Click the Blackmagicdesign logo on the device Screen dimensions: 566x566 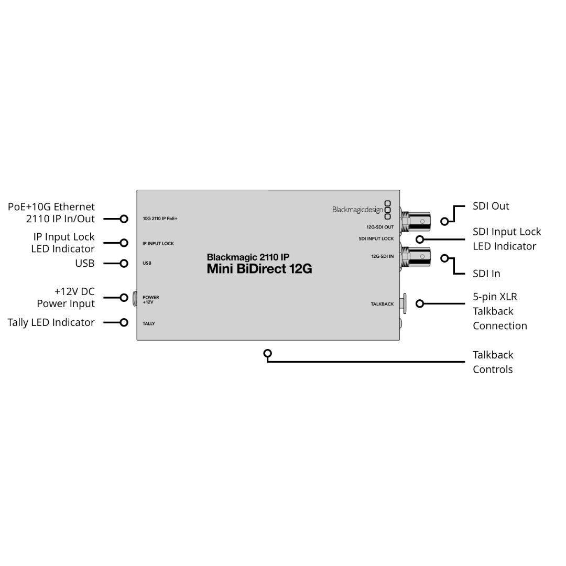coord(361,210)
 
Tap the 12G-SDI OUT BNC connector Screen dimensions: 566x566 coord(416,221)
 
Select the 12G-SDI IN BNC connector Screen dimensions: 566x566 coord(416,256)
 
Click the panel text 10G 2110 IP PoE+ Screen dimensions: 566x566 coord(160,219)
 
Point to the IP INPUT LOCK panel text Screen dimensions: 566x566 coord(158,244)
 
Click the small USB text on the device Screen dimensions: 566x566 coord(147,263)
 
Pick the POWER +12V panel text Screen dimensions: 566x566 coord(150,300)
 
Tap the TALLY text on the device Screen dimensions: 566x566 coord(149,324)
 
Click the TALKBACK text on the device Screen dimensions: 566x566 coord(382,304)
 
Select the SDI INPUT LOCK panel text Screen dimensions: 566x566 coord(376,238)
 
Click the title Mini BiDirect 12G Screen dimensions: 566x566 coord(259,269)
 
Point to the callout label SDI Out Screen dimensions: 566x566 coord(491,206)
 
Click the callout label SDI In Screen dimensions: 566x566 coord(486,274)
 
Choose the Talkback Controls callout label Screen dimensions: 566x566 coord(493,363)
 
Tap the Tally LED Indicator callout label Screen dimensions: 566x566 coord(51,322)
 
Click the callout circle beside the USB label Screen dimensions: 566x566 coord(124,264)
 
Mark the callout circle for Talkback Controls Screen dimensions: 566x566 coord(267,353)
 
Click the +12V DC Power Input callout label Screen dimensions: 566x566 coord(66,298)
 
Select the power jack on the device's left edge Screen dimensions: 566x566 coord(135,299)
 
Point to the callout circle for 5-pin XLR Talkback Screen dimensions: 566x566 coord(419,304)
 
